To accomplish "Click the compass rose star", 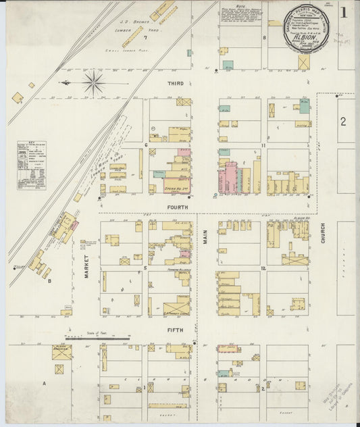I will point(93,83).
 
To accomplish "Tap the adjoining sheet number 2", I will point(343,122).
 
